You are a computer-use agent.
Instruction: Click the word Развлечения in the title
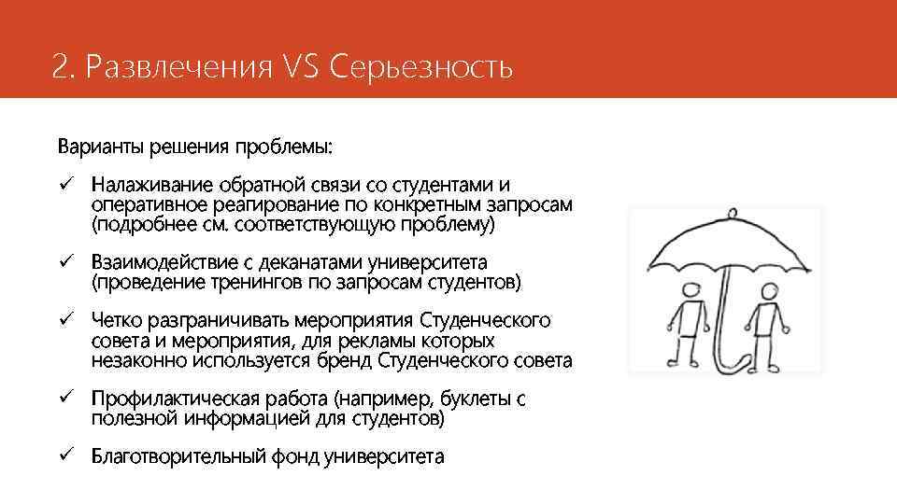point(175,67)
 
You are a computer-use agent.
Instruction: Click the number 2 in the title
point(60,67)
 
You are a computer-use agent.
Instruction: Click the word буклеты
point(470,399)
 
